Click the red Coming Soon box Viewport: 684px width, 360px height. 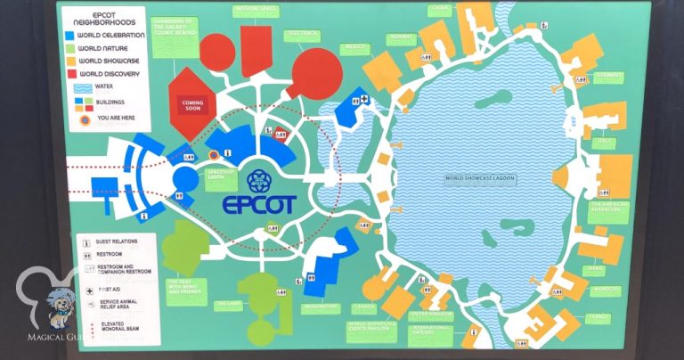tap(192, 104)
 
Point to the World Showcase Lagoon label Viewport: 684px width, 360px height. tap(482, 178)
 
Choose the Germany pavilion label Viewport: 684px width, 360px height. tap(610, 76)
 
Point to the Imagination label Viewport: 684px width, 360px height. tap(321, 309)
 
